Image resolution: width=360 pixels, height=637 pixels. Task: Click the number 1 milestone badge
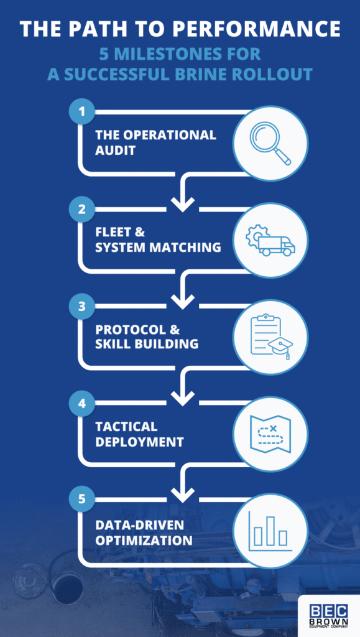coord(81,113)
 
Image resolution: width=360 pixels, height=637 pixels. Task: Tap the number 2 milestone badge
coord(81,210)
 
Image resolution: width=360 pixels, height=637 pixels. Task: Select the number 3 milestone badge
coord(81,307)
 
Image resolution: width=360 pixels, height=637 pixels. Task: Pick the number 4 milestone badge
coord(81,404)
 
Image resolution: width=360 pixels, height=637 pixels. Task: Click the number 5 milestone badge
coord(81,501)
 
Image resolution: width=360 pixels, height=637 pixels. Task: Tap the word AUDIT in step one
coord(115,150)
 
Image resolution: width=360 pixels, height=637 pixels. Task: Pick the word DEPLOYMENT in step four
coord(139,442)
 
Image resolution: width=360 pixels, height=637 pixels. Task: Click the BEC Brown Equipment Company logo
coord(330,615)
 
